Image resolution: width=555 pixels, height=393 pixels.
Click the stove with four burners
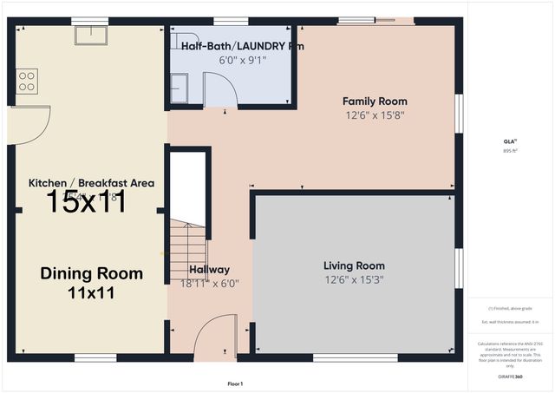point(27,82)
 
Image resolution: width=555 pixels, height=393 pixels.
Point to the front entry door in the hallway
point(213,338)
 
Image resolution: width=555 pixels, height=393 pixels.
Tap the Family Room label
point(375,102)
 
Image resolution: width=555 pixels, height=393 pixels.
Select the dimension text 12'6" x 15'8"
point(375,115)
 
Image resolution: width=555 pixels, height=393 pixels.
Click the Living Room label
point(354,265)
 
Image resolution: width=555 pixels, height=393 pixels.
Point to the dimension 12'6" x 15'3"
point(354,279)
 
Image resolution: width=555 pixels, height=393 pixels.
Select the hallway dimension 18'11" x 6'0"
point(209,283)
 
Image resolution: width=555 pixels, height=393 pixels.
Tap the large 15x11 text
point(86,202)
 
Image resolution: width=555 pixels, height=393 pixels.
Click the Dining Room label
point(91,273)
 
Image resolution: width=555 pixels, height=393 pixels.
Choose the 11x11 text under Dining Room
point(91,293)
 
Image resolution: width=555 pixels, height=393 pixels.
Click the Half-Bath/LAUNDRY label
point(230,47)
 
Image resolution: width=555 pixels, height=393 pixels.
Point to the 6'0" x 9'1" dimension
point(230,60)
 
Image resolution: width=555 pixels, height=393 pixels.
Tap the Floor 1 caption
point(234,383)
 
